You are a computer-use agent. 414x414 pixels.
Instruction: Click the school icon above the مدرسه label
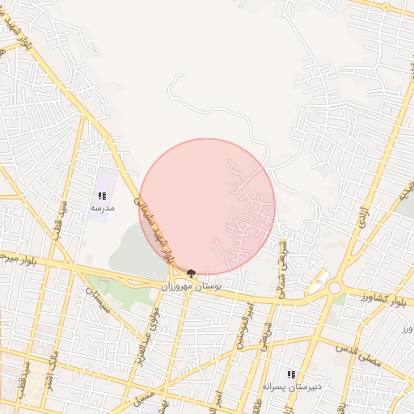coord(102,196)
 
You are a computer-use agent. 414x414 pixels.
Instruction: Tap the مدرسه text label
coord(102,208)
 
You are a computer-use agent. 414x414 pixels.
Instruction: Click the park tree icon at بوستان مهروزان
coord(191,273)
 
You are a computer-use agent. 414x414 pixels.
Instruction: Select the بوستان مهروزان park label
coord(191,286)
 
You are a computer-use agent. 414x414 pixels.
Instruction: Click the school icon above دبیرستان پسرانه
coord(291,374)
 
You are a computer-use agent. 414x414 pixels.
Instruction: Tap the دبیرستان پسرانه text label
coord(297,387)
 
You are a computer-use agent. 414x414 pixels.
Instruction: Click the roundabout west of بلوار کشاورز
coord(334,287)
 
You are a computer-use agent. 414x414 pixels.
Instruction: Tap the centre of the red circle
coord(207,206)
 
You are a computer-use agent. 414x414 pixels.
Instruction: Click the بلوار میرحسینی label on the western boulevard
coord(18,258)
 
